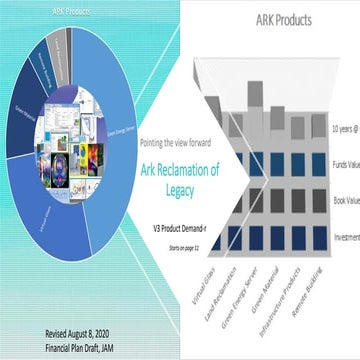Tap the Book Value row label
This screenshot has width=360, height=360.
click(x=345, y=200)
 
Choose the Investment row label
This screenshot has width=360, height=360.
click(x=344, y=237)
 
